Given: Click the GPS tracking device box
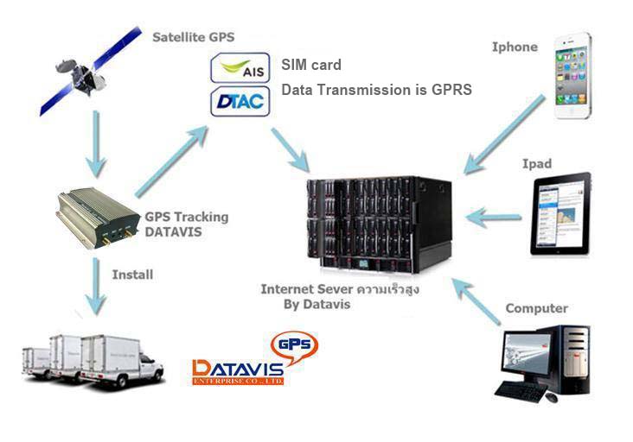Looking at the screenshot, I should coord(95,216).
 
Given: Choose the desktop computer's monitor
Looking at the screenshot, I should coord(524,356).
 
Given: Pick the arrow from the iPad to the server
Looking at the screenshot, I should coord(494,215).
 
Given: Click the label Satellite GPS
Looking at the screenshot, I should coord(193,37).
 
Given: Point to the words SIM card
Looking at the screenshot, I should coord(311,65).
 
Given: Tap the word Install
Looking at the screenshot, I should coord(132,275).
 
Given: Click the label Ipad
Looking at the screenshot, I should coord(536,163).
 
